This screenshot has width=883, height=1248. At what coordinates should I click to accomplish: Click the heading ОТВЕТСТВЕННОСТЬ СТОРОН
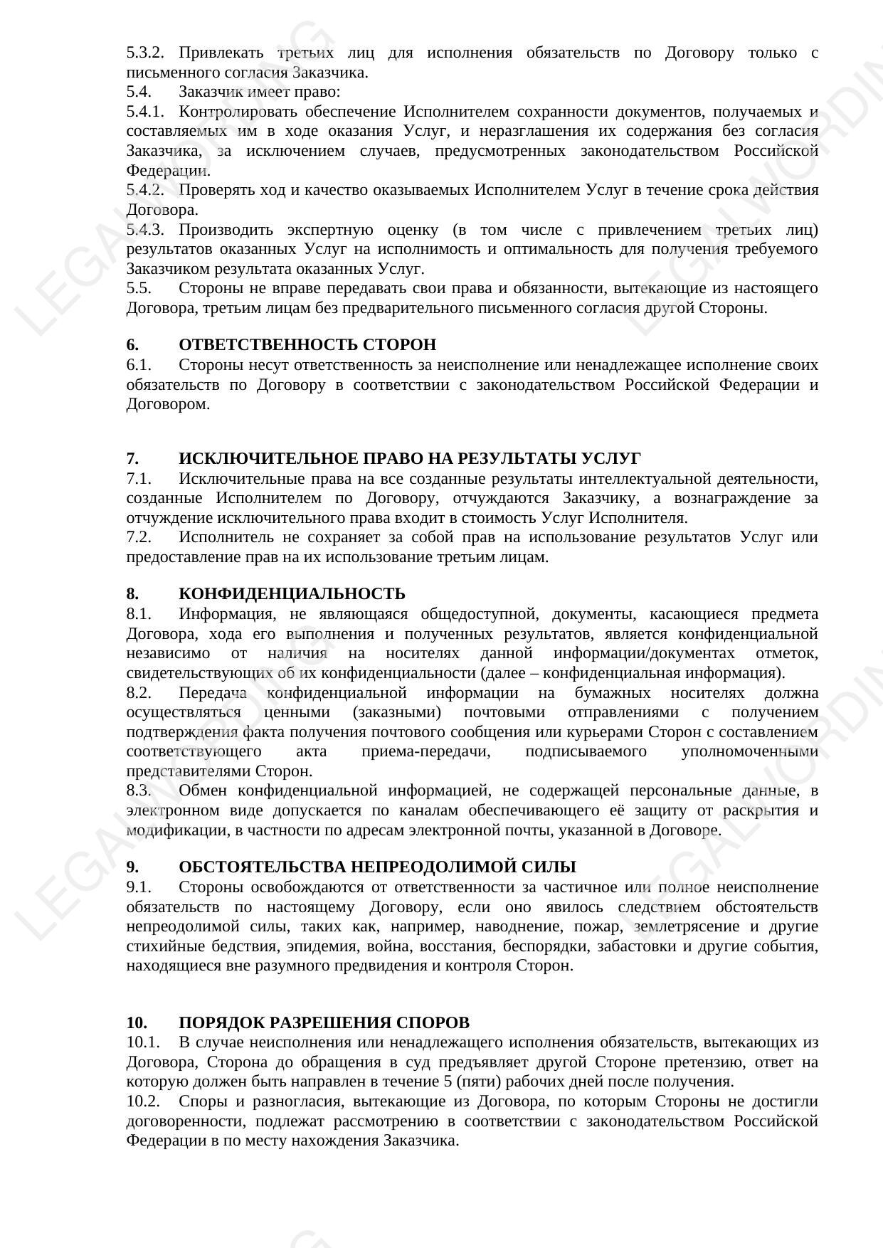(307, 345)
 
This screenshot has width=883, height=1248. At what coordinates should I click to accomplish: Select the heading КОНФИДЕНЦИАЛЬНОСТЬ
(292, 594)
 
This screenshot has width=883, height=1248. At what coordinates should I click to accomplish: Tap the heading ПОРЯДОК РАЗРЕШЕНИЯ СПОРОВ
(324, 1023)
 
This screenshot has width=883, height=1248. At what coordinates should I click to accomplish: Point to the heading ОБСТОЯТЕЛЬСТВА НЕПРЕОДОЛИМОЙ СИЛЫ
(377, 867)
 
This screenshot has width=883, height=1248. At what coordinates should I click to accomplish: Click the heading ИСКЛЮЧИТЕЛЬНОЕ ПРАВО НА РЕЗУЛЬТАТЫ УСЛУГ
(409, 459)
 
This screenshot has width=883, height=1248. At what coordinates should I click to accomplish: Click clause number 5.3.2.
(145, 53)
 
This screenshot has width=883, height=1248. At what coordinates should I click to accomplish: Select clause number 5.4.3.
(145, 230)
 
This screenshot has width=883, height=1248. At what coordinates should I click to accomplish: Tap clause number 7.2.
(139, 537)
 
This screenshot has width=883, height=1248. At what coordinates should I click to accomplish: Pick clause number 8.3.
(139, 790)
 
